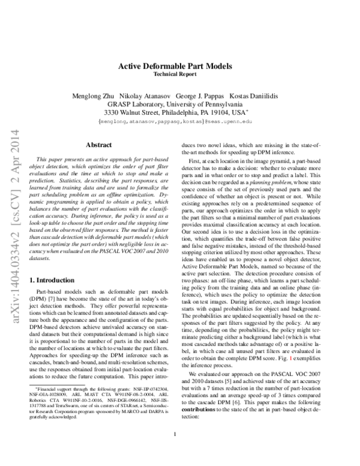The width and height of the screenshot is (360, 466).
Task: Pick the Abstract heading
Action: point(99,145)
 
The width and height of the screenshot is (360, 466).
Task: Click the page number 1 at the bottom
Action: point(175,451)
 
